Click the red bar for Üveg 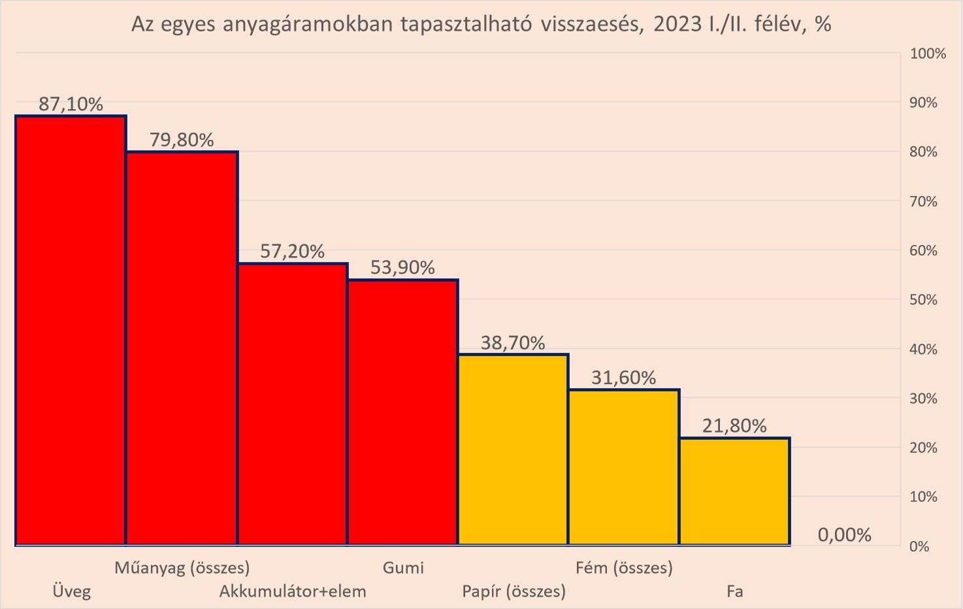[x=71, y=330]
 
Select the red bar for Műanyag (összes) [x=182, y=348]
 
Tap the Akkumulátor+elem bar [x=292, y=404]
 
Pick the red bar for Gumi [x=402, y=412]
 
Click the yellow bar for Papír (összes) [x=513, y=449]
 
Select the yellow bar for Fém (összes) [x=624, y=467]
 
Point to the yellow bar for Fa [x=734, y=491]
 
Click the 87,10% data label [x=71, y=104]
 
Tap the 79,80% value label [x=182, y=140]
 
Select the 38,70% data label [x=513, y=343]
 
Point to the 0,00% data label [x=844, y=535]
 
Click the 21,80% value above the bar [x=734, y=426]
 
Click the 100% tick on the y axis [x=928, y=54]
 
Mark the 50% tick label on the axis [x=924, y=300]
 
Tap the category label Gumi [x=403, y=567]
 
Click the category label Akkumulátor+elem [x=293, y=591]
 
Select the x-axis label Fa [x=735, y=591]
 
